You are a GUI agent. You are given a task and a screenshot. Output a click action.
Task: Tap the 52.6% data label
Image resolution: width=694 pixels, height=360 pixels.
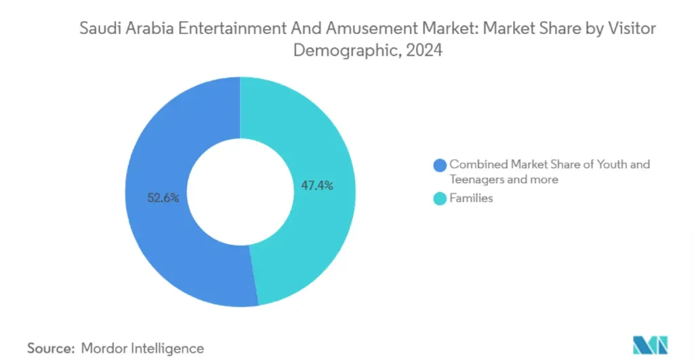163,199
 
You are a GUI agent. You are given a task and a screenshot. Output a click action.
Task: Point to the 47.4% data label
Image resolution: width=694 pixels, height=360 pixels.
317,185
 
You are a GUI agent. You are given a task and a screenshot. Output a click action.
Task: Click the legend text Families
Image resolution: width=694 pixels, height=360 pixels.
472,199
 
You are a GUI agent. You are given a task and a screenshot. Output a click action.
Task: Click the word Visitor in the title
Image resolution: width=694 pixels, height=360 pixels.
632,28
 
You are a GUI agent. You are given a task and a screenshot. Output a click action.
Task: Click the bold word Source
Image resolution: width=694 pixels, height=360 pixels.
50,348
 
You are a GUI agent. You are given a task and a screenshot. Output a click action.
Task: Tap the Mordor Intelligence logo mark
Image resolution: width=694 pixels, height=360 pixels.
649,345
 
